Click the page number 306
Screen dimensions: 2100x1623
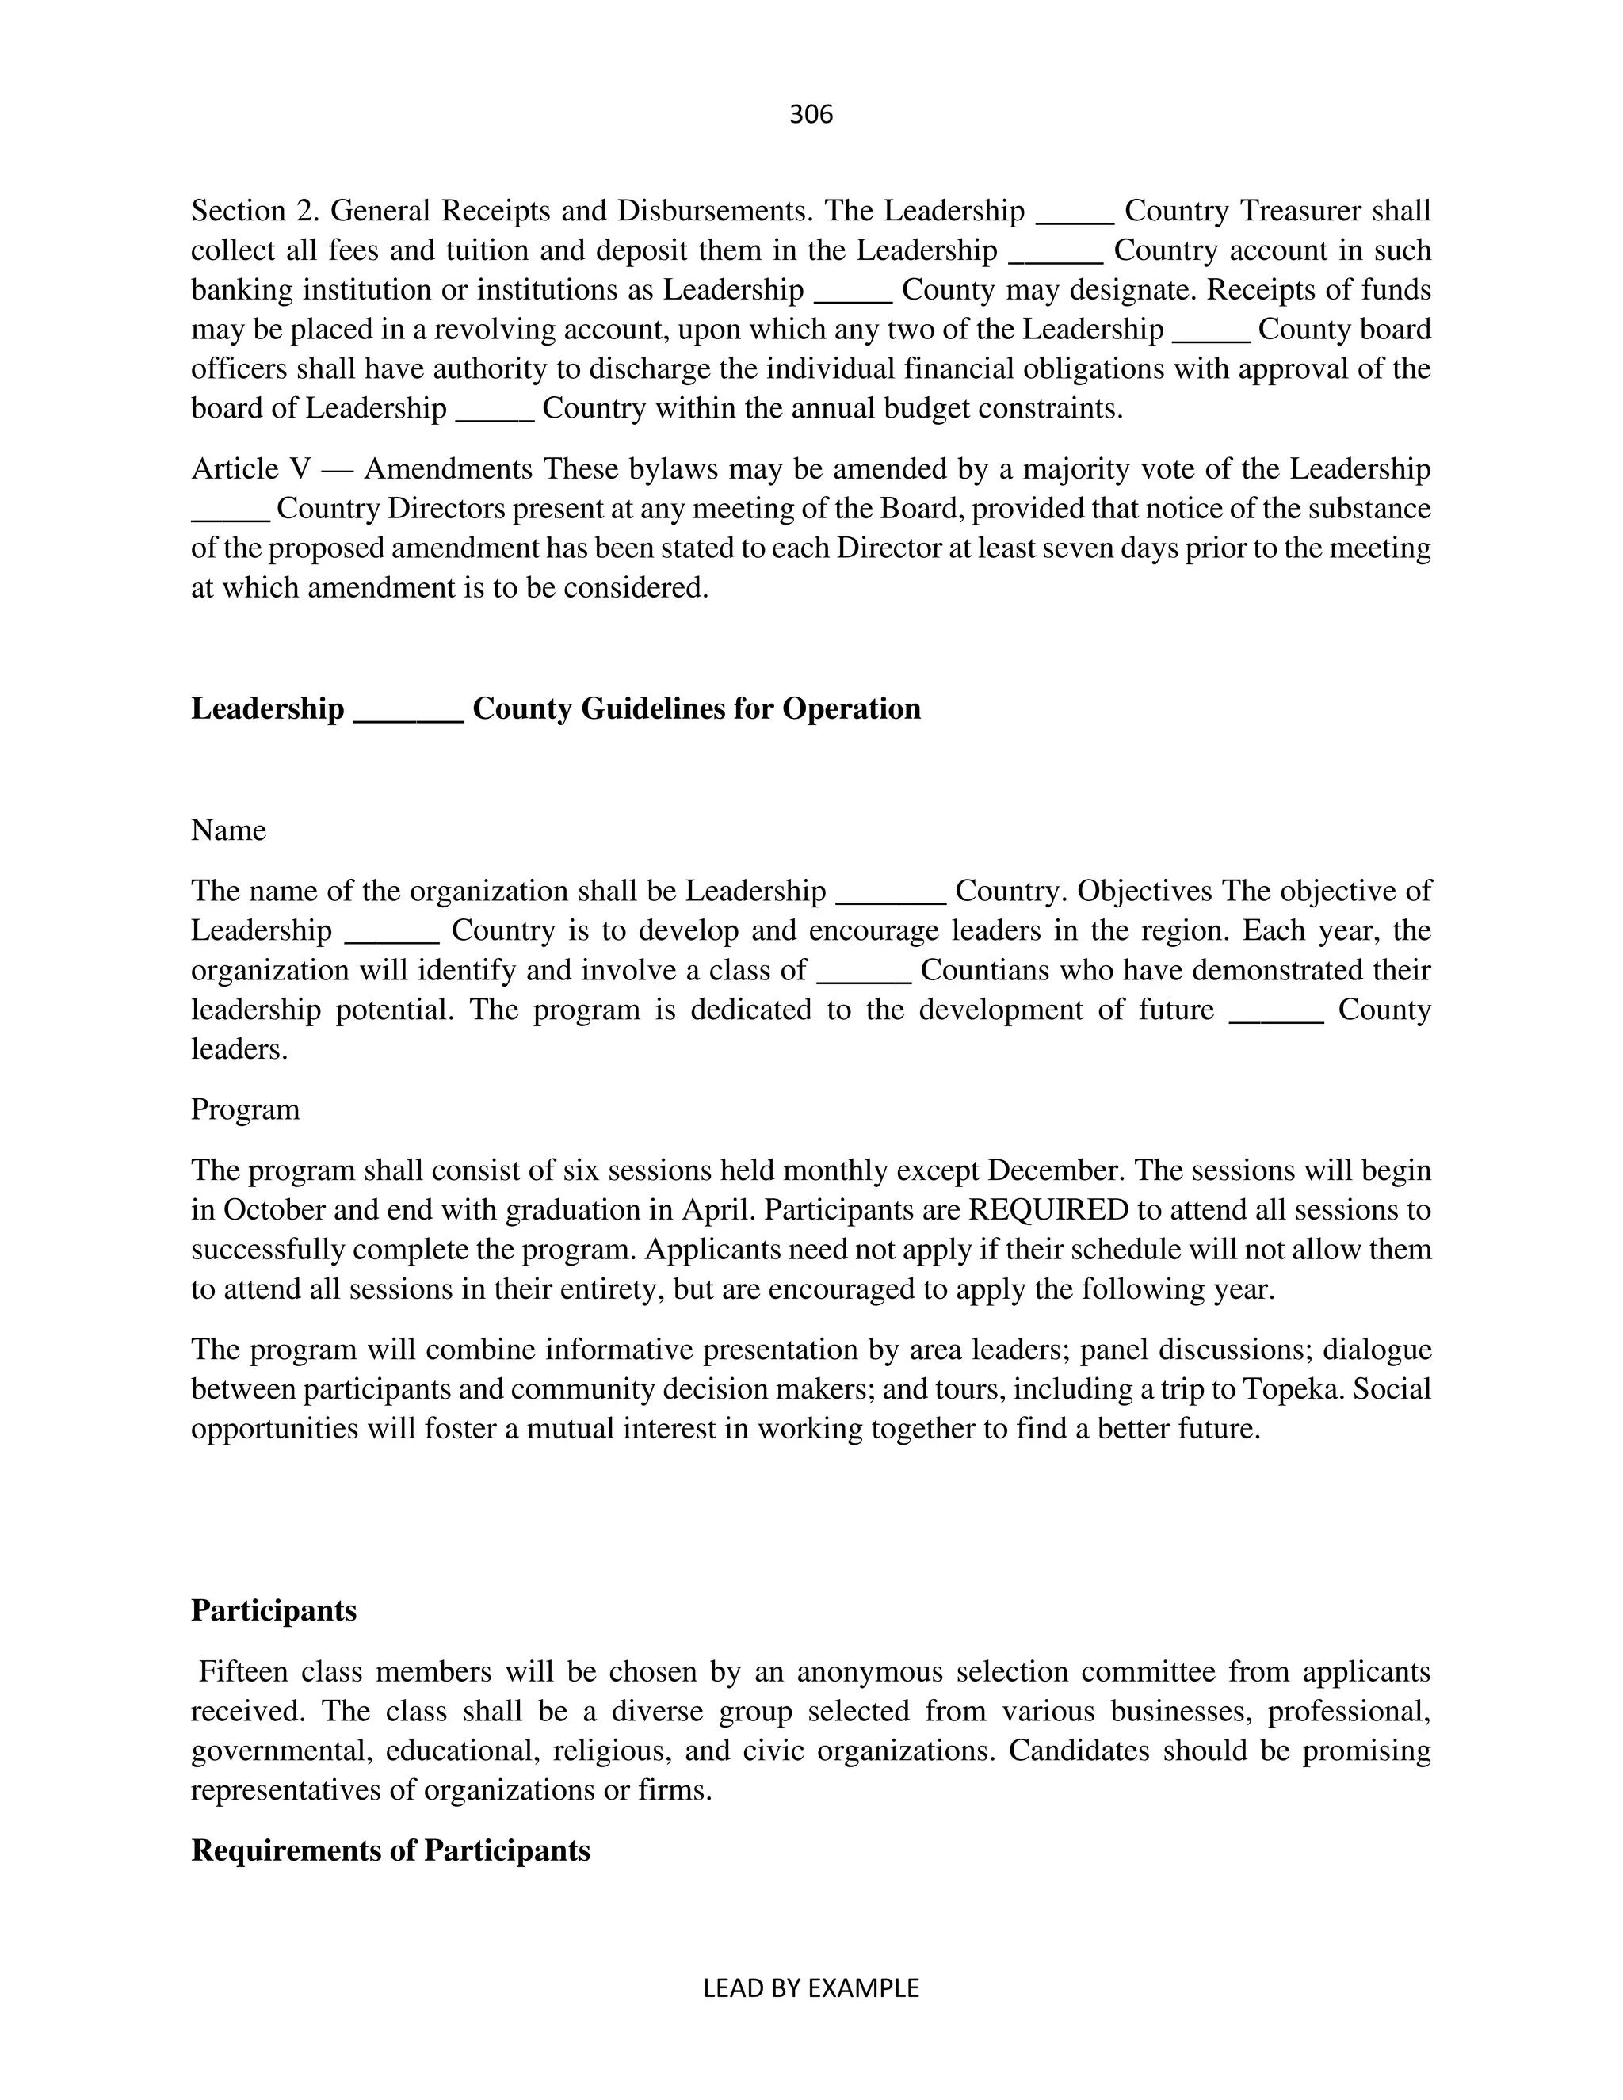coord(811,114)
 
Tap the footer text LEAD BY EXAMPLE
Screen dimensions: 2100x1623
coord(811,1987)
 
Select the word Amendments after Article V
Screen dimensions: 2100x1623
coord(448,469)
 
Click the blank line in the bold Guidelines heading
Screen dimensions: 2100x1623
coord(409,708)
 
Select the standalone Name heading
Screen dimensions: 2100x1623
coord(229,830)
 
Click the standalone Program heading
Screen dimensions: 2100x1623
coord(245,1109)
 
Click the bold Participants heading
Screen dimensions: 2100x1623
coord(273,1610)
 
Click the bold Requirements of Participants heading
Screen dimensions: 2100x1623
coord(391,1851)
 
